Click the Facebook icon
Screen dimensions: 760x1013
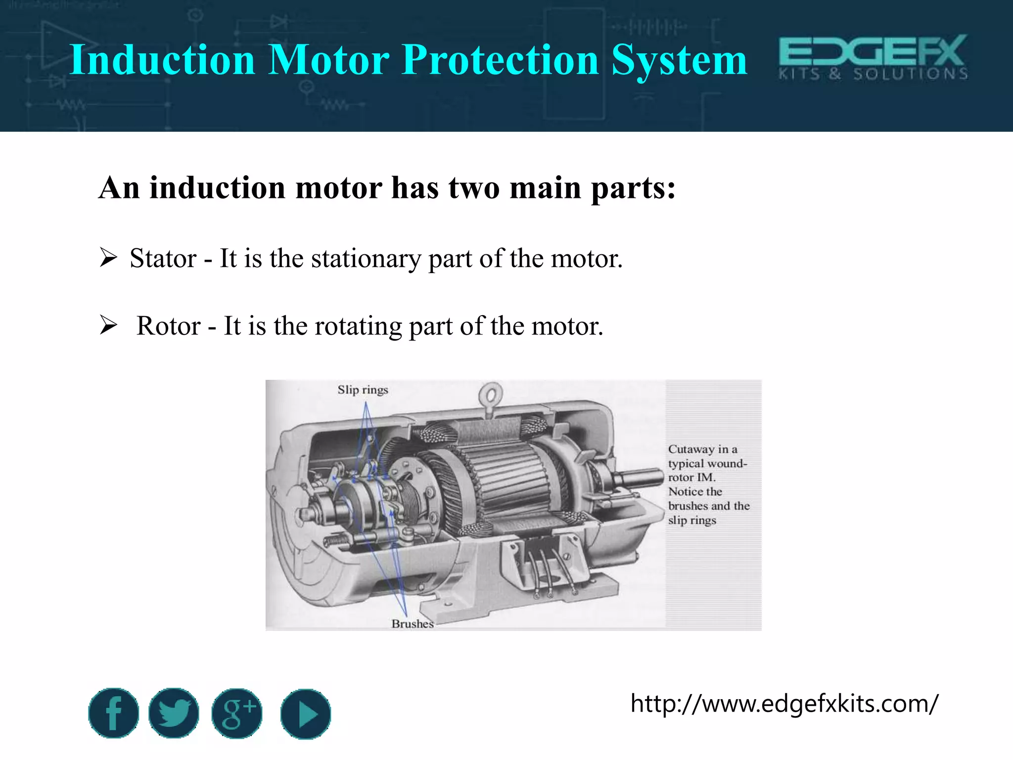coord(113,713)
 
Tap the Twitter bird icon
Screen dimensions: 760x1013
coord(174,713)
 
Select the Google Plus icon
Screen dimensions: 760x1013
coord(237,713)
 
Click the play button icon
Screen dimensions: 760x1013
coord(305,714)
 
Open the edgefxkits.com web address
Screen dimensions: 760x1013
coord(784,703)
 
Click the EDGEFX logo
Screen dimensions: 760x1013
coord(873,57)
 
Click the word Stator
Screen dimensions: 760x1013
coord(163,258)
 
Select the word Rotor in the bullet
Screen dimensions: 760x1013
coord(169,326)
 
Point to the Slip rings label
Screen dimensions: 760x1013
coord(363,390)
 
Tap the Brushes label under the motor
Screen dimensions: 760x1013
coord(413,623)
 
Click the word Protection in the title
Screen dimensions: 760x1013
coord(500,60)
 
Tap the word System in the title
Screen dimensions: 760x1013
coord(679,60)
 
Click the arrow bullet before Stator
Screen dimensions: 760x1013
coord(108,258)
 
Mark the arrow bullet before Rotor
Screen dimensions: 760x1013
coord(108,325)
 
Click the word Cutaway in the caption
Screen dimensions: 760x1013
coord(691,449)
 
